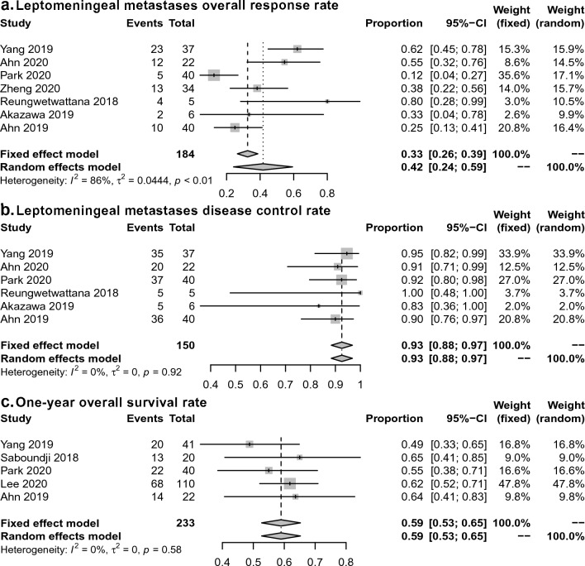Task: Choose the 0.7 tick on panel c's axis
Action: pos(315,559)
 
